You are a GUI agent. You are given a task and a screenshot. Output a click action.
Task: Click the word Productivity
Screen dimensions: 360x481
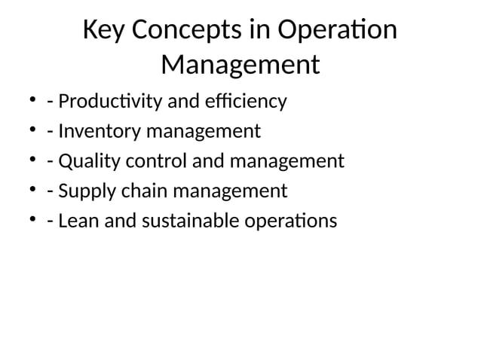[114, 101]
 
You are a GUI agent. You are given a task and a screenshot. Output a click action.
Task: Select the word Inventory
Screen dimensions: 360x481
[95, 131]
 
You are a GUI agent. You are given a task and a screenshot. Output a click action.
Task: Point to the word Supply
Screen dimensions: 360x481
[84, 192]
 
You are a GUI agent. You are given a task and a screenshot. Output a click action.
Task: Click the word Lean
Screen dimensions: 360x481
[76, 221]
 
